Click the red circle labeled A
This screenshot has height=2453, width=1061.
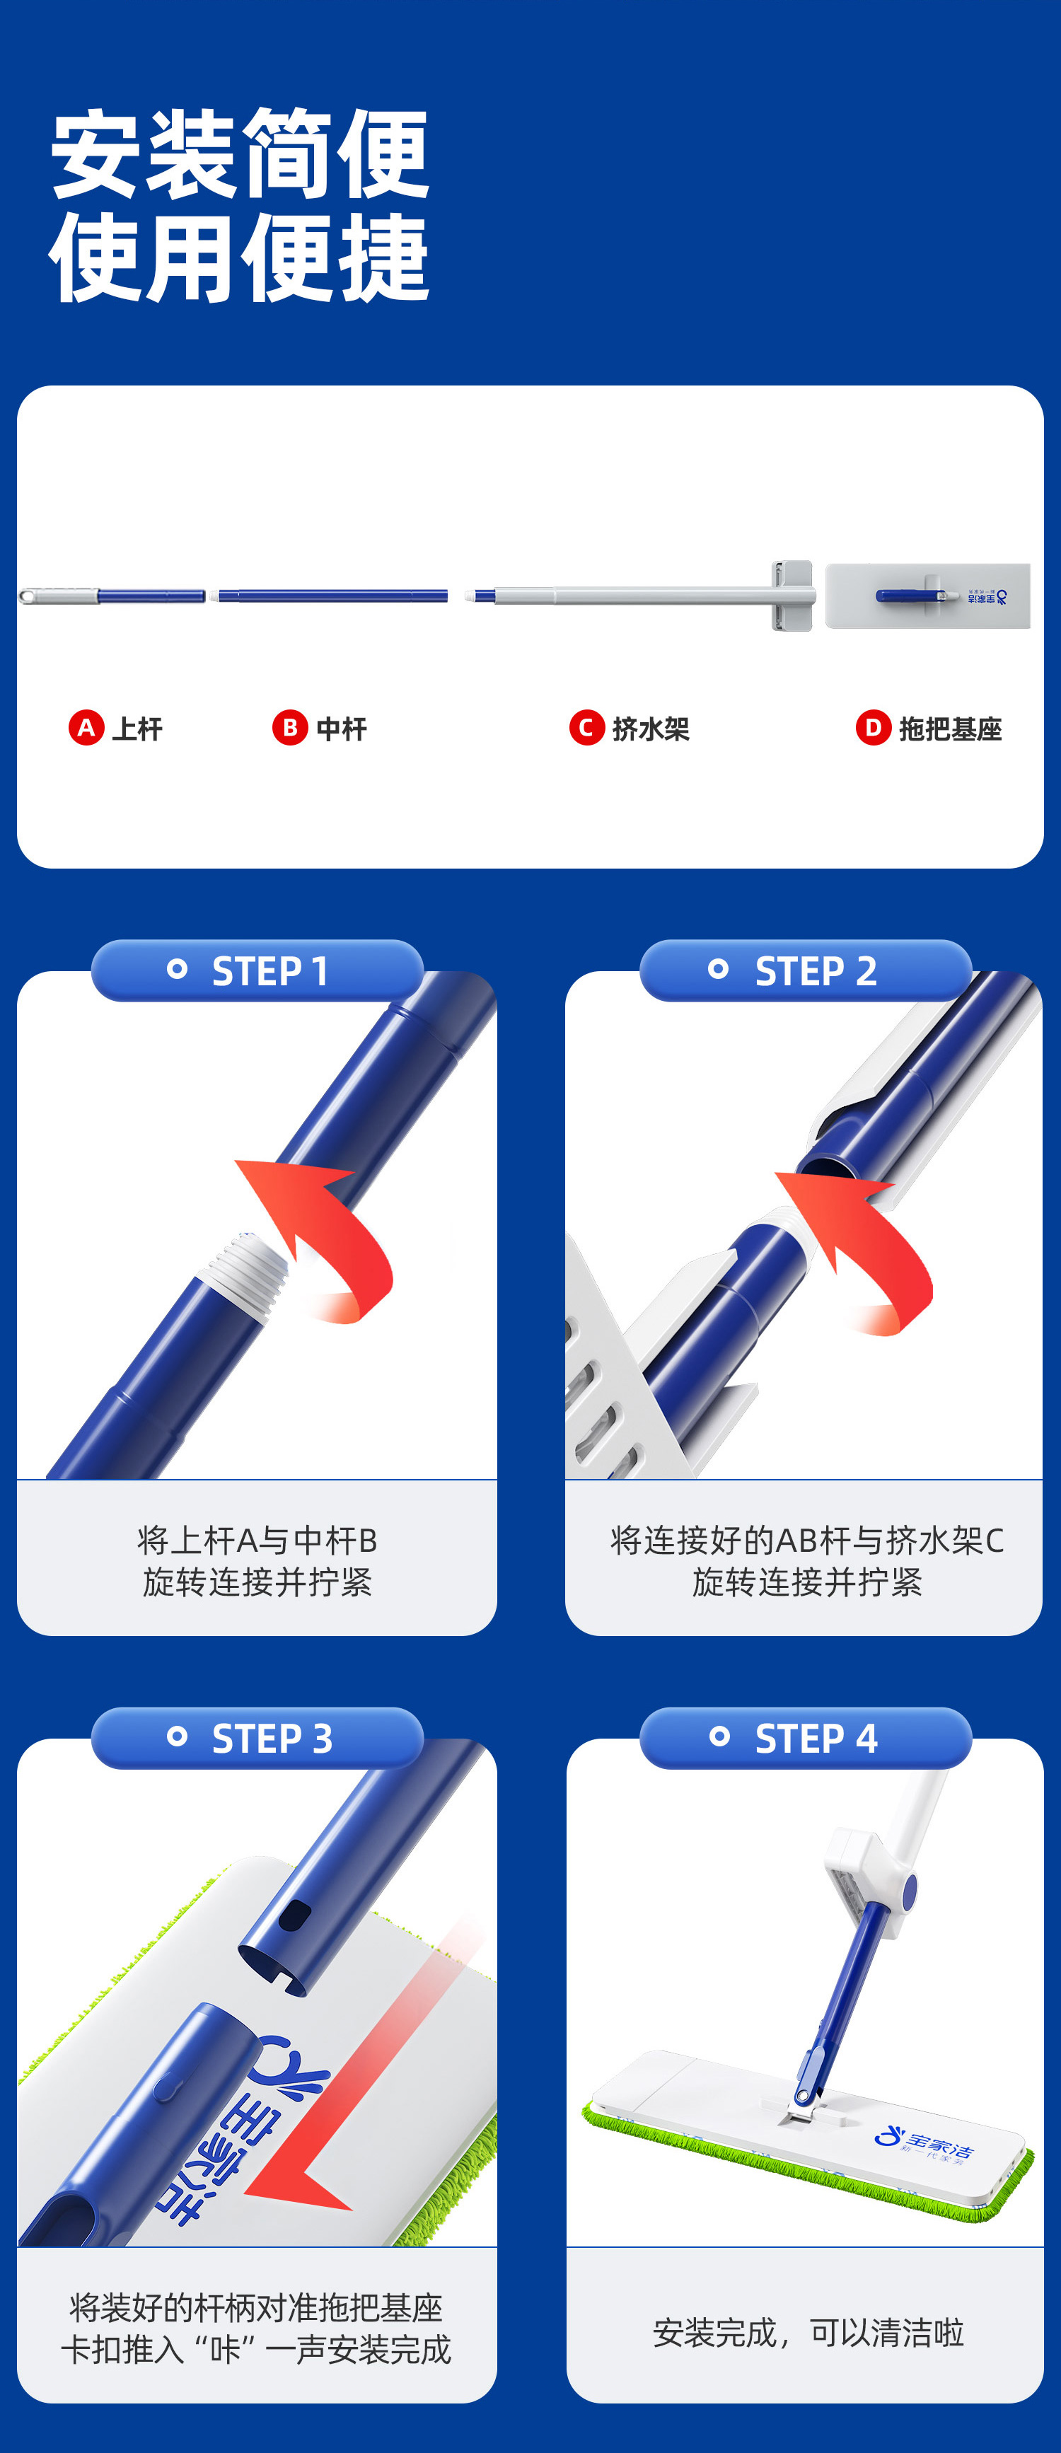87,728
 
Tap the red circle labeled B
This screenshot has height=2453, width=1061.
289,728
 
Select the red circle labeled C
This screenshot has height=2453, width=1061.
586,728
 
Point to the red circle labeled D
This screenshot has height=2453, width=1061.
874,728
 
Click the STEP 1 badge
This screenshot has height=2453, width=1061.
257,970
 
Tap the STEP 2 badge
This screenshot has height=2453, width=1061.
806,970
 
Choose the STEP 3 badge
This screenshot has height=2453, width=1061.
257,1738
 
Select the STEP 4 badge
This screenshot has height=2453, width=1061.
806,1738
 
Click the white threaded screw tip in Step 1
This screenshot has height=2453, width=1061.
245,1265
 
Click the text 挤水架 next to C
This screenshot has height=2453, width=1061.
651,729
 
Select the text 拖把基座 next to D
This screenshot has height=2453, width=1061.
951,729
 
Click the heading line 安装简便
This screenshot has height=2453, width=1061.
240,153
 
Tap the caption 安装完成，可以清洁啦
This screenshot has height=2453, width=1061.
808,2332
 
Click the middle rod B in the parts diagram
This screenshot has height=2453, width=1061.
333,596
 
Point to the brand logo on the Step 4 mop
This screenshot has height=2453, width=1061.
924,2142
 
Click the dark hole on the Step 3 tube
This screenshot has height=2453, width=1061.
295,1914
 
